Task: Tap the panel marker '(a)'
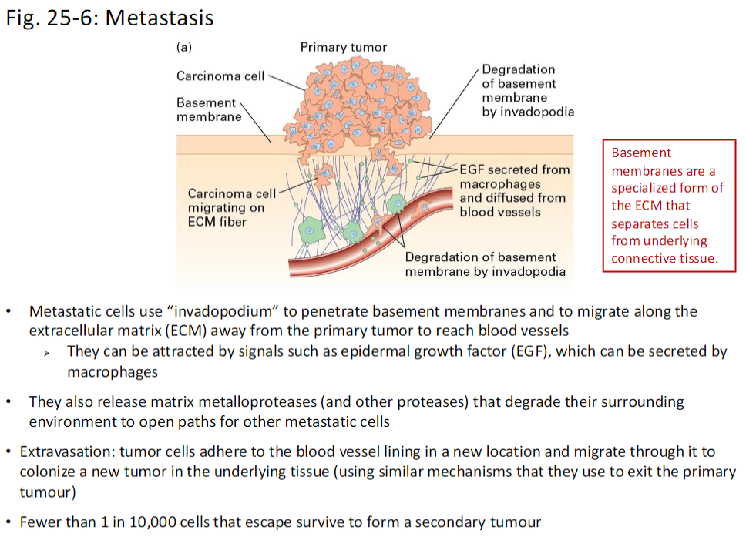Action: [184, 47]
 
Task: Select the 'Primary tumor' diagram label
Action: [343, 47]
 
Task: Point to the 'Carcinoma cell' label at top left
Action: [220, 76]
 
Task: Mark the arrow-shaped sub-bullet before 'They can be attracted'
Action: [48, 353]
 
